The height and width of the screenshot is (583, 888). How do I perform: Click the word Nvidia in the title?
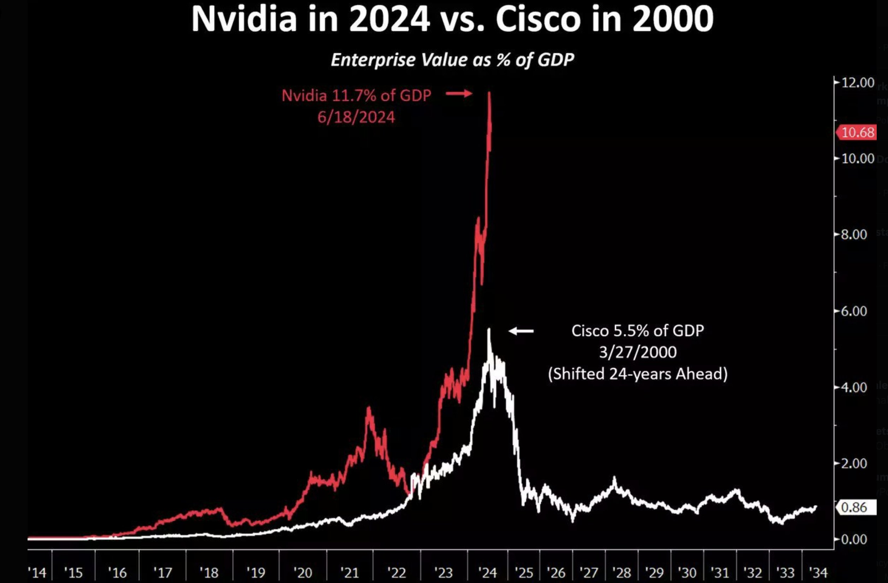click(244, 19)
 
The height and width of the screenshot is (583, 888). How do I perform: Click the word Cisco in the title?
click(538, 19)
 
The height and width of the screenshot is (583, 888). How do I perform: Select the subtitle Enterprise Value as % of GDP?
click(452, 60)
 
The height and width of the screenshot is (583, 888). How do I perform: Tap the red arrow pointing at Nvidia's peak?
click(459, 93)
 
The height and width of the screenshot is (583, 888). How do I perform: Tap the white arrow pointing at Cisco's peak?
click(521, 331)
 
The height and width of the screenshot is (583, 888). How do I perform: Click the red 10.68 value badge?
click(857, 132)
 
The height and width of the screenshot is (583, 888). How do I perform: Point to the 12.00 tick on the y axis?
click(857, 83)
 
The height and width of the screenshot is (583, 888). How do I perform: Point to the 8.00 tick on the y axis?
click(854, 234)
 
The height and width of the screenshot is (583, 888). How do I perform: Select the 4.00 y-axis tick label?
click(854, 387)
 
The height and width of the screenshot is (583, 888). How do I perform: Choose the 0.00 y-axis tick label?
click(854, 539)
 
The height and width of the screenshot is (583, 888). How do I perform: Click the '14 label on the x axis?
click(37, 572)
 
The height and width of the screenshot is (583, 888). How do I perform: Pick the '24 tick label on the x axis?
click(488, 572)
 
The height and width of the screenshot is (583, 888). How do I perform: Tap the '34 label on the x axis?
click(819, 572)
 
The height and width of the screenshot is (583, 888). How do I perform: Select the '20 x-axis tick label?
click(303, 572)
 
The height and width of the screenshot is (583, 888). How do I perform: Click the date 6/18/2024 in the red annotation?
click(356, 117)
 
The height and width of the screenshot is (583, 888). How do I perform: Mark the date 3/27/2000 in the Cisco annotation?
click(638, 352)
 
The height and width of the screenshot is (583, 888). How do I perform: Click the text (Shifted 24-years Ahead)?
click(638, 374)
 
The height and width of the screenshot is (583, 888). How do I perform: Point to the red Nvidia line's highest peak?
click(489, 92)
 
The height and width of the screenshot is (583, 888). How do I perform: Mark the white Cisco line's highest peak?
click(489, 329)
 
